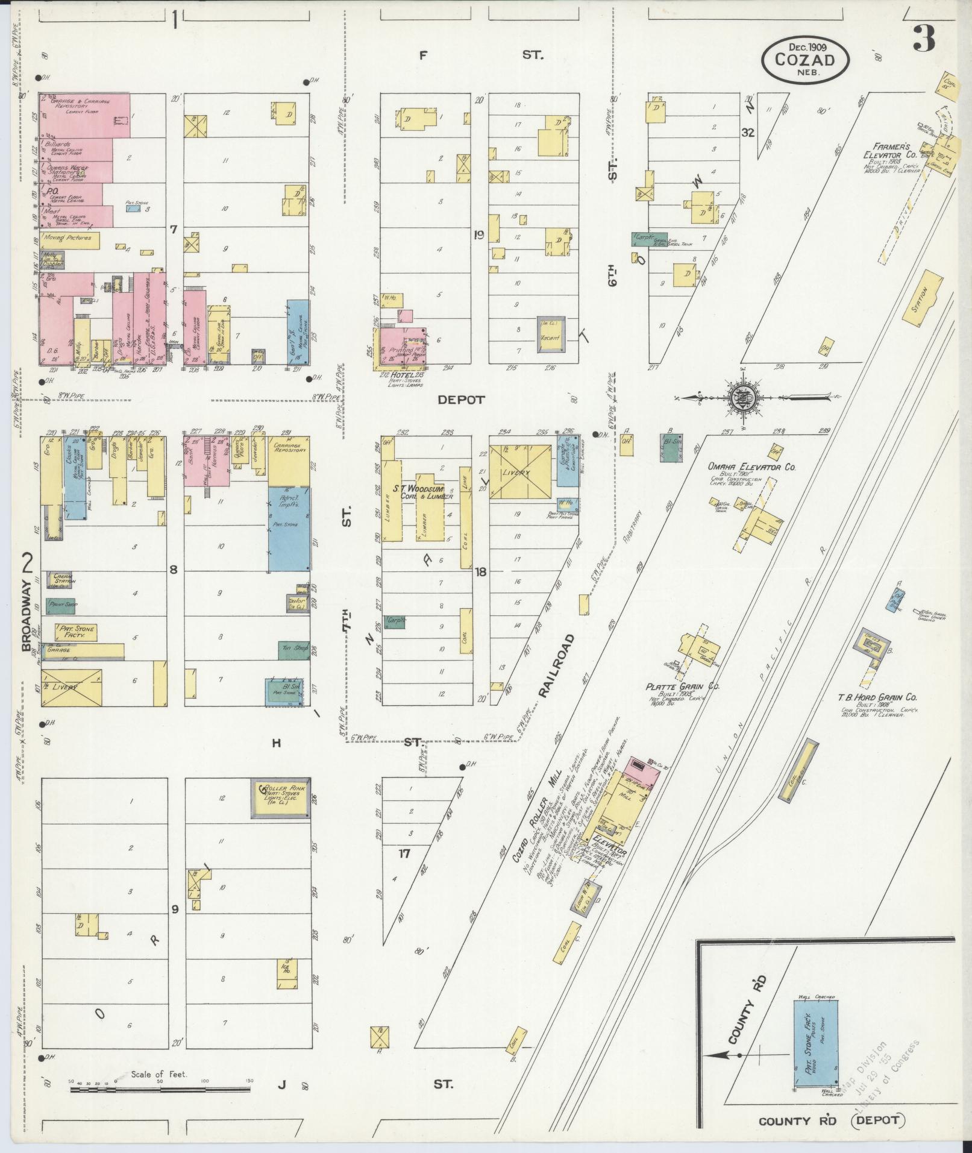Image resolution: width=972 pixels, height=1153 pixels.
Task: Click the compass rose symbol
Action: point(742,398)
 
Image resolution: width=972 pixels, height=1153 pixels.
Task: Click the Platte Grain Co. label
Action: point(683,686)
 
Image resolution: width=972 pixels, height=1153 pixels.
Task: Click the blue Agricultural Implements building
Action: point(289,528)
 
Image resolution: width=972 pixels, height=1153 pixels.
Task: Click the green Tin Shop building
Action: point(293,648)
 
